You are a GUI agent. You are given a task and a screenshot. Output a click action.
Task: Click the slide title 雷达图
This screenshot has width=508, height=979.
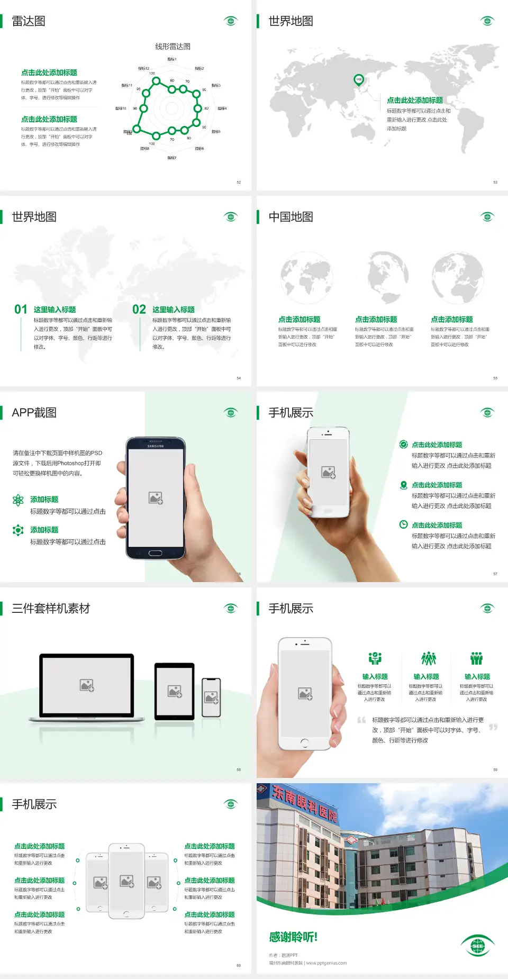click(x=29, y=21)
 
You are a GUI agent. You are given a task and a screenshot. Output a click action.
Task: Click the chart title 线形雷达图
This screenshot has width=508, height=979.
click(x=173, y=47)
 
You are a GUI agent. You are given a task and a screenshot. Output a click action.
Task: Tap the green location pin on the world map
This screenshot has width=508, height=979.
click(x=358, y=80)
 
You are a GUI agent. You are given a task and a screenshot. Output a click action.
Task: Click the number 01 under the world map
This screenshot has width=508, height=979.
click(x=21, y=310)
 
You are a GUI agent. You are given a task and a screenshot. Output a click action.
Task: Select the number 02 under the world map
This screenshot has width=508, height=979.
click(x=139, y=310)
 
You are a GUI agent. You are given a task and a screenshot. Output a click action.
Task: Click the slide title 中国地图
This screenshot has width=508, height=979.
click(x=291, y=217)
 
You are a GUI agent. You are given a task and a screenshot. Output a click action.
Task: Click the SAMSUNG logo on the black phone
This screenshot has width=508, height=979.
click(x=156, y=446)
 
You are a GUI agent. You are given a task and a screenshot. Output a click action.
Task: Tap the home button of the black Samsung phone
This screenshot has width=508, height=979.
click(x=155, y=553)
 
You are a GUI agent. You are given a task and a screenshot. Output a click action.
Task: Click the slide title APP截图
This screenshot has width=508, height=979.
click(x=34, y=413)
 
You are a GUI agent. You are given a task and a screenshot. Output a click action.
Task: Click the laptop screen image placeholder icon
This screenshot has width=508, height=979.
click(x=87, y=685)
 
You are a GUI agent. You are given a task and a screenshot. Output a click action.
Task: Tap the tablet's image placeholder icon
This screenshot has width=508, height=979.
click(x=175, y=691)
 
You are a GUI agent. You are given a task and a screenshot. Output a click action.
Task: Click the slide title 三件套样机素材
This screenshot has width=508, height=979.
click(x=51, y=609)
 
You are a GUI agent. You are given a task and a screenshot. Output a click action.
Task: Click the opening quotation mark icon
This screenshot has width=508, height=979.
click(x=361, y=720)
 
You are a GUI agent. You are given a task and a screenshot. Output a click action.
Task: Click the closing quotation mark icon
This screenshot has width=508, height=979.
click(x=493, y=727)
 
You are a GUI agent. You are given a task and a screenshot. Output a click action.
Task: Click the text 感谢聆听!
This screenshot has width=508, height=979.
click(x=293, y=937)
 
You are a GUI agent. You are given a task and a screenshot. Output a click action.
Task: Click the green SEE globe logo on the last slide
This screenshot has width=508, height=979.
click(x=477, y=946)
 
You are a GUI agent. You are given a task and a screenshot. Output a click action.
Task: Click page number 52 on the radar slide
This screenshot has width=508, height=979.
click(x=239, y=182)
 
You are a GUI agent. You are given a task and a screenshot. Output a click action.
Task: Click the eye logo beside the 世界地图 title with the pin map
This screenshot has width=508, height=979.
click(x=487, y=21)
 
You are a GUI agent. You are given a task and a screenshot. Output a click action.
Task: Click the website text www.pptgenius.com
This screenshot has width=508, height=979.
click(x=326, y=963)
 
